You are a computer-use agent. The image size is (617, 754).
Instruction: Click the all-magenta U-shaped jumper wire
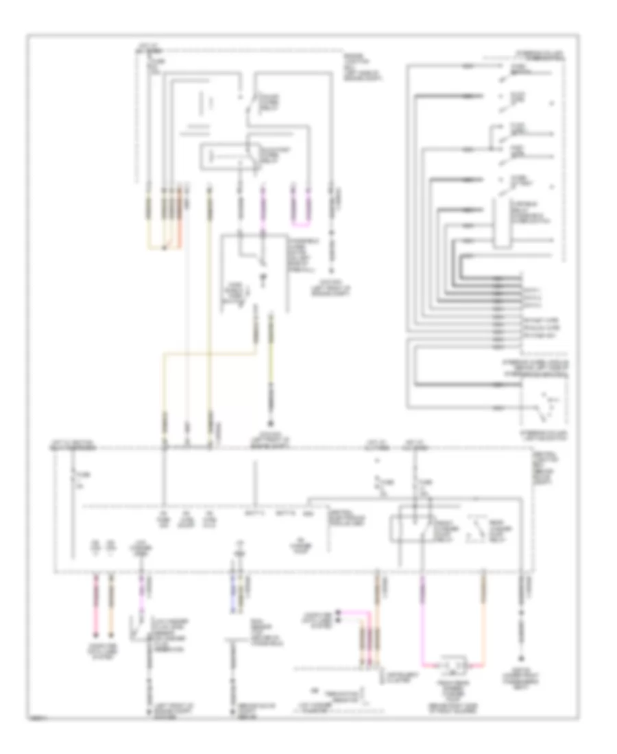(x=302, y=223)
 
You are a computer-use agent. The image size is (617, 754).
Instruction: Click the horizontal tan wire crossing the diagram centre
(x=209, y=353)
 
